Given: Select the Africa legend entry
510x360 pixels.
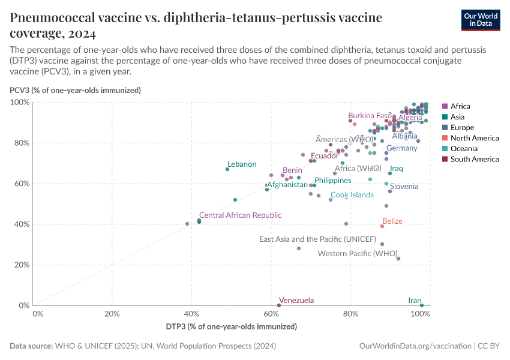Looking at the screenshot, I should pos(460,106).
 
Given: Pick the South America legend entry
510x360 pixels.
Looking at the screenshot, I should pos(474,159).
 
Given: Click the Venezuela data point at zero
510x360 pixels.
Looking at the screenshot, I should pos(279,305).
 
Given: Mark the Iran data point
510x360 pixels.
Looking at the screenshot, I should pos(422,305).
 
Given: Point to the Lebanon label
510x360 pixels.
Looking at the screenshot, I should pos(242,164).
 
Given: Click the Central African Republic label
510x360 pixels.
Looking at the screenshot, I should pos(240,215).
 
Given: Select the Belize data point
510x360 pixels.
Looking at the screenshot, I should pos(382,226).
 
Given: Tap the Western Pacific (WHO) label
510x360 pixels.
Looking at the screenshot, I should pos(358,254).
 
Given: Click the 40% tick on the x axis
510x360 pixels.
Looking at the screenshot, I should pos(192,314).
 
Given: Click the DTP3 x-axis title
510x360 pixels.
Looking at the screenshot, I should pos(232,326).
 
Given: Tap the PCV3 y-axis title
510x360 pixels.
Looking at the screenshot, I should pos(75,91).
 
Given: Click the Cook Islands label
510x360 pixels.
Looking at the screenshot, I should pos(352,195).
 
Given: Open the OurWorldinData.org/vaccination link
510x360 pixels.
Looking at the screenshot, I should pos(415,346).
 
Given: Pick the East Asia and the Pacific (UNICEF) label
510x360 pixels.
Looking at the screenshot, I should pos(317,239).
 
